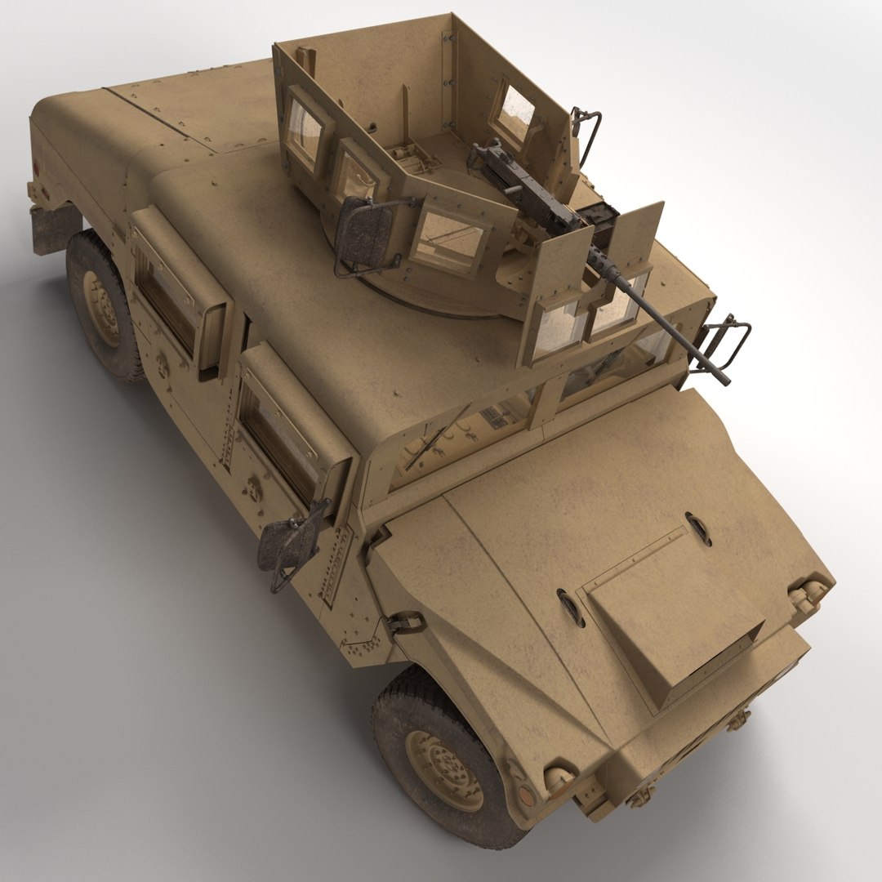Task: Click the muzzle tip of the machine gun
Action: pyautogui.click(x=723, y=379)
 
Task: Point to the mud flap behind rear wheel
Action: pyautogui.click(x=53, y=229)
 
